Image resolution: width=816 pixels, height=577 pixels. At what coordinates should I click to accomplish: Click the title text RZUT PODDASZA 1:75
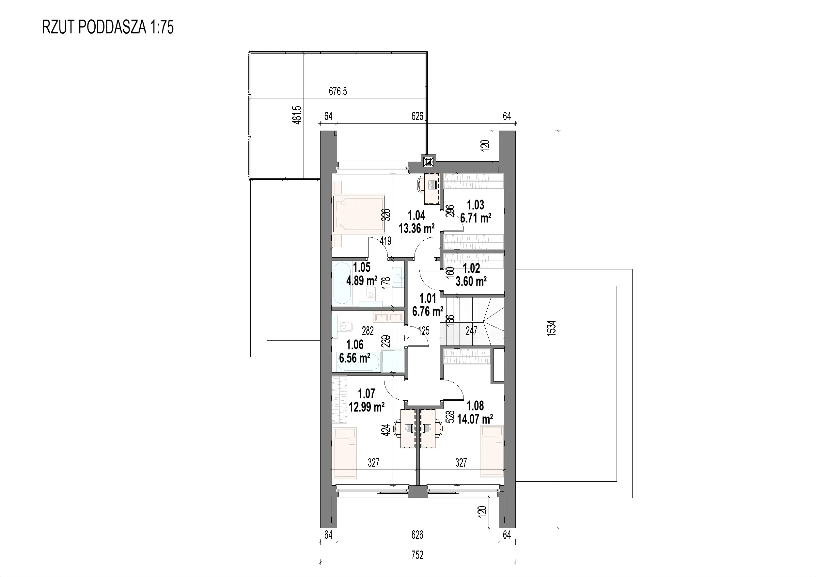click(108, 27)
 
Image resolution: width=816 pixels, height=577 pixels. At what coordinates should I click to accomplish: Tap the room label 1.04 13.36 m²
click(416, 222)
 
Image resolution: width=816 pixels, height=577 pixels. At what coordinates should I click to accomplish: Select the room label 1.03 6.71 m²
click(476, 211)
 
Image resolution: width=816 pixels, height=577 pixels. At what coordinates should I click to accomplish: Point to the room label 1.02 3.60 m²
click(471, 274)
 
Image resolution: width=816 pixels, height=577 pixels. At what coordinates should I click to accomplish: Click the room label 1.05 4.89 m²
click(362, 274)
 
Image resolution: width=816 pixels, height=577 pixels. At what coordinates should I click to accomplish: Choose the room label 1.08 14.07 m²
click(475, 412)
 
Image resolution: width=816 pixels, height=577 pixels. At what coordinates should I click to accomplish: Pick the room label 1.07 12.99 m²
click(367, 400)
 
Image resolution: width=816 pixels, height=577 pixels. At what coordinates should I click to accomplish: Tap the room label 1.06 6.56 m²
click(355, 351)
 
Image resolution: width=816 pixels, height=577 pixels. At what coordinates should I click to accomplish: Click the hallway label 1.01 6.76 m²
click(428, 305)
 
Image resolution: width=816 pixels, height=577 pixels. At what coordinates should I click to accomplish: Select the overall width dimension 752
click(417, 555)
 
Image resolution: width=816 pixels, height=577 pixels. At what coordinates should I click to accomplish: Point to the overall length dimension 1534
click(551, 329)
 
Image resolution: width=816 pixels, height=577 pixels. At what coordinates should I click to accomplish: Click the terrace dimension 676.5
click(337, 92)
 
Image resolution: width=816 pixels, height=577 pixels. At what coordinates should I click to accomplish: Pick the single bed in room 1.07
click(95, 453)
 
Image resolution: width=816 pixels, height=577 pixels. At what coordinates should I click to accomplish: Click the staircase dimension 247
click(472, 331)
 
